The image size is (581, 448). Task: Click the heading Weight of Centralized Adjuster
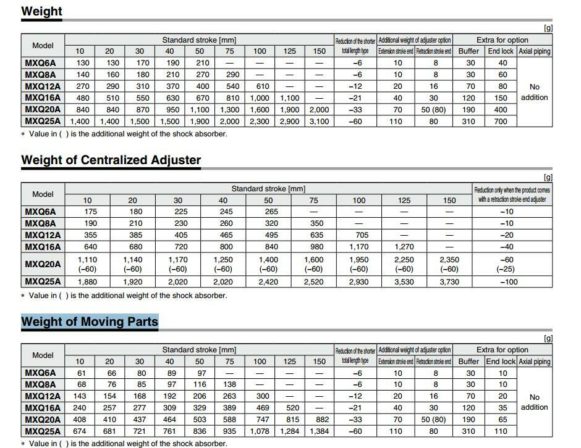pos(111,160)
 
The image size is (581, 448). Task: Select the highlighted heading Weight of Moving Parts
pos(90,321)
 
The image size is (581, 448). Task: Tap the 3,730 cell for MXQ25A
pos(449,282)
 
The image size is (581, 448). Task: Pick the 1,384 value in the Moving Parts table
pos(319,431)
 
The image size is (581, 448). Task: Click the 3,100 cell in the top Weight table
pos(319,122)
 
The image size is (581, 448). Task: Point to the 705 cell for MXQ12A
pos(359,235)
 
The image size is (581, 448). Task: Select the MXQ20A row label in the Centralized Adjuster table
pos(43,264)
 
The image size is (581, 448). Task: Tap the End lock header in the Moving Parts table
pos(501,361)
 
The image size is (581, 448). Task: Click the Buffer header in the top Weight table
pos(469,51)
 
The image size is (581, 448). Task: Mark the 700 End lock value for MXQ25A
pos(503,122)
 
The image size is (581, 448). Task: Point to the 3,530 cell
pos(404,282)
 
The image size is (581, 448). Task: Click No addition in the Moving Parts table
pos(534,402)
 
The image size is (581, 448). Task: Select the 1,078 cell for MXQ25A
pos(260,431)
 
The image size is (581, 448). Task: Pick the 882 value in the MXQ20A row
pos(319,420)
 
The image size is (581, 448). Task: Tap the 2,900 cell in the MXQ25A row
pos(289,122)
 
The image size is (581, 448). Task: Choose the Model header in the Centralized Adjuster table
pos(43,194)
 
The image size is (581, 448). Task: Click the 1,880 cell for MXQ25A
pos(87,282)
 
